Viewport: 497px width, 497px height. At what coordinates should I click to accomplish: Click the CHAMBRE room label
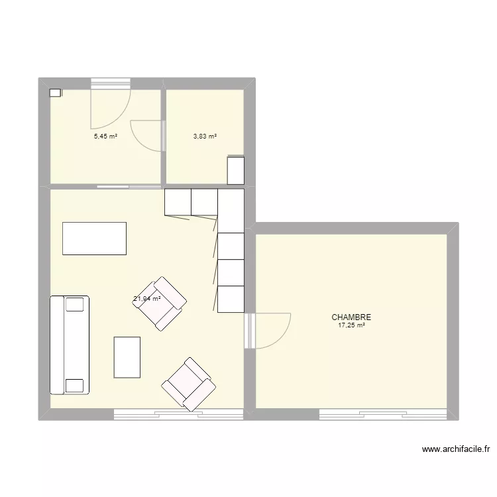(x=351, y=317)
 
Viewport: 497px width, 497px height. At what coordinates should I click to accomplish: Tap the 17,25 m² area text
(x=351, y=325)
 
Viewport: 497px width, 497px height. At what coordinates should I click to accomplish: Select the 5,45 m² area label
(x=105, y=137)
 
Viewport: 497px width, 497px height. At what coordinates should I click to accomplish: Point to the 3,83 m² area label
(x=205, y=137)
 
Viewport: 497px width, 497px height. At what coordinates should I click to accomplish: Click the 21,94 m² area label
(x=146, y=299)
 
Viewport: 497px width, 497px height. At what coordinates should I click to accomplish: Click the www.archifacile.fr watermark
(x=456, y=449)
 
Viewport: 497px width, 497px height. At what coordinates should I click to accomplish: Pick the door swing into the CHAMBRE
(x=268, y=331)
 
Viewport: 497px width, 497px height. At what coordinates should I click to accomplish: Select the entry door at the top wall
(x=111, y=103)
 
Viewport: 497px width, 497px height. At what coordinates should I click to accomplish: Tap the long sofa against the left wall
(x=70, y=345)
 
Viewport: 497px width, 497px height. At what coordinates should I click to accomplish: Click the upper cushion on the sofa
(x=75, y=305)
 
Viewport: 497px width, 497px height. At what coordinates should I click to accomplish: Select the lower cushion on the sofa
(x=75, y=386)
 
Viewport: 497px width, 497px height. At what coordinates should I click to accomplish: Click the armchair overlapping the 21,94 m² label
(x=160, y=304)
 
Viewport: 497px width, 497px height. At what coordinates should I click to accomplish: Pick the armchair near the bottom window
(x=189, y=384)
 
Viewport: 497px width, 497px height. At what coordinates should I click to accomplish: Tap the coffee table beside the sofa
(x=127, y=357)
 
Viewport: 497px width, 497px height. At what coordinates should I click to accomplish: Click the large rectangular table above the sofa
(x=95, y=239)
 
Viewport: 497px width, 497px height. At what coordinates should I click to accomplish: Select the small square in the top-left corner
(x=55, y=93)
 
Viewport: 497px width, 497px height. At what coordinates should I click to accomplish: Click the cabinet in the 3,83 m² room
(x=236, y=170)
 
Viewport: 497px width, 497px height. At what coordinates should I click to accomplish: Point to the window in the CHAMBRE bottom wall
(x=383, y=415)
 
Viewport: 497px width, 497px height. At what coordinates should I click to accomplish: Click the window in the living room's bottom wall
(x=178, y=415)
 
